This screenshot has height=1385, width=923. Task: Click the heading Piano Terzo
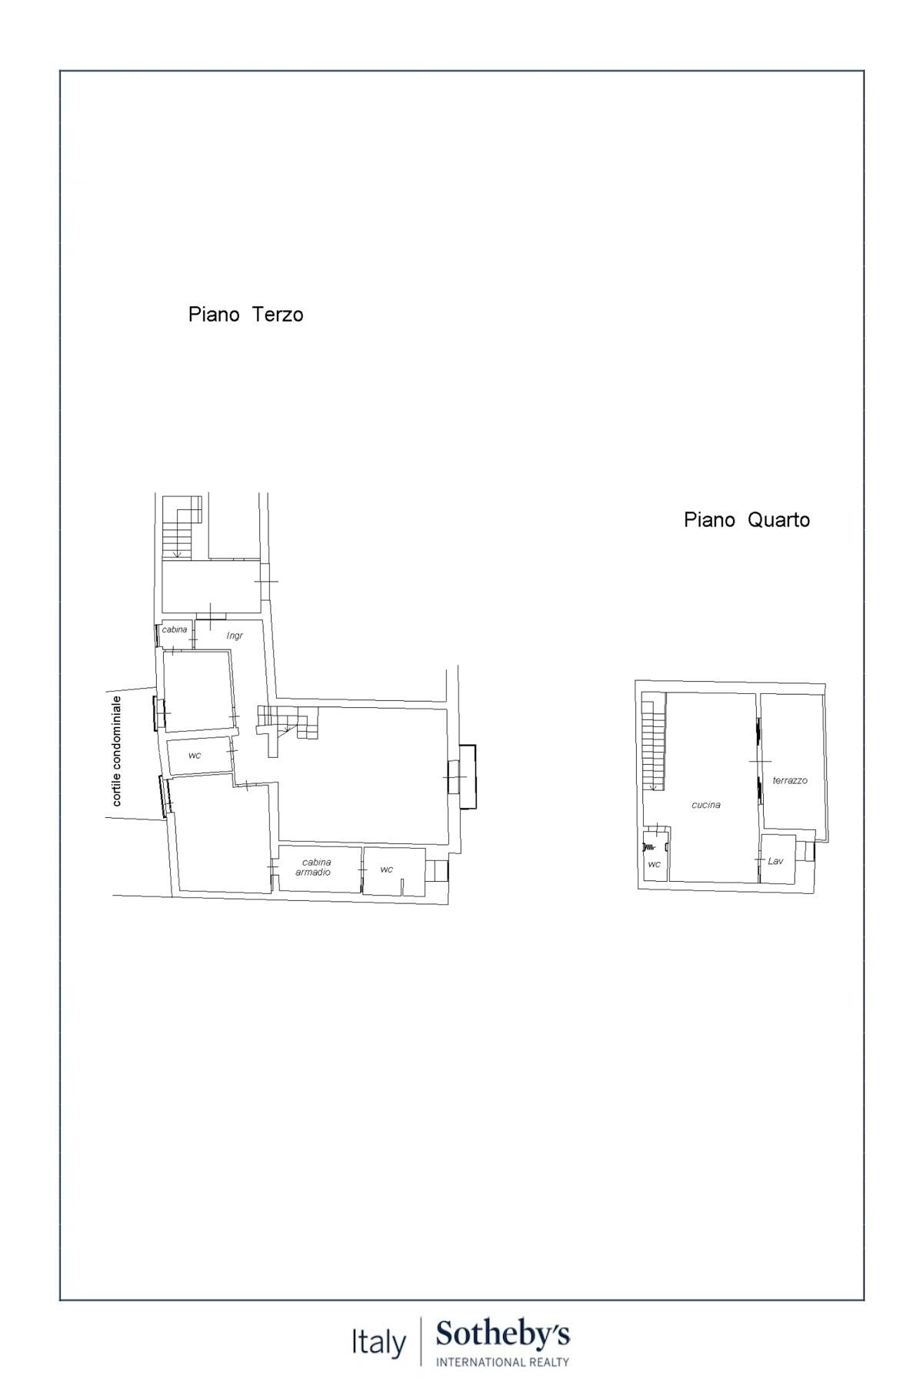point(245,315)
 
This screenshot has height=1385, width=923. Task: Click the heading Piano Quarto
point(746,520)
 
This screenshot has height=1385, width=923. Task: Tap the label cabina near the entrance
point(175,629)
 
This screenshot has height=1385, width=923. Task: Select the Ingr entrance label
point(235,636)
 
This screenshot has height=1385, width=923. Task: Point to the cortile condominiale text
point(117,751)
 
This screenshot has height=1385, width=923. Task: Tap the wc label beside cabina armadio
point(386,869)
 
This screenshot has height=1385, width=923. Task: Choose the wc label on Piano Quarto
point(654,864)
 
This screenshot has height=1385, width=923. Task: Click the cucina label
point(706,805)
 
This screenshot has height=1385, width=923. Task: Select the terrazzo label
point(790,780)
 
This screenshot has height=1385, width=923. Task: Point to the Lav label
point(775,861)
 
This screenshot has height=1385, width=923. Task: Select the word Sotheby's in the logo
point(503,1334)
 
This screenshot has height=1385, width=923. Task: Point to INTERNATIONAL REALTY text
point(503,1362)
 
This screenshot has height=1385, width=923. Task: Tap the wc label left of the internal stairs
point(195,756)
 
